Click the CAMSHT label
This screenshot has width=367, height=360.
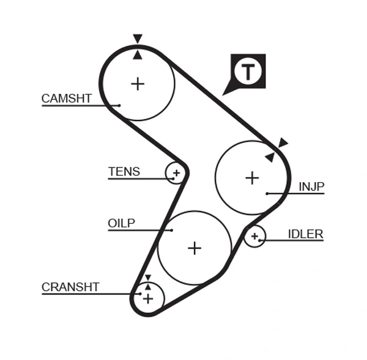66,98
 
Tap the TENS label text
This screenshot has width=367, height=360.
124,172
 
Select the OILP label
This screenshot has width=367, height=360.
121,223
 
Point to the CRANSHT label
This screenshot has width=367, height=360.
70,287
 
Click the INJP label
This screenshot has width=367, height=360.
311,186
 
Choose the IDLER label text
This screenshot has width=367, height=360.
306,234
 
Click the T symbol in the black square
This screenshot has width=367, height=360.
248,72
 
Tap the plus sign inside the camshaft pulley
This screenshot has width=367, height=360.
138,84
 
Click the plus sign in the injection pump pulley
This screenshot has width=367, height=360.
252,178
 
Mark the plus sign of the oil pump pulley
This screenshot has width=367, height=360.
195,248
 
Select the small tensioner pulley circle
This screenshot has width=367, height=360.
176,173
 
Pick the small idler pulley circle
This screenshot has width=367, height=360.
254,236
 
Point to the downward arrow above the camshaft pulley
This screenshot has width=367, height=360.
138,39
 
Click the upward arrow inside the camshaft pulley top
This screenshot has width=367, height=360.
138,55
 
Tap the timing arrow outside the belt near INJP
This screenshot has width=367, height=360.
283,143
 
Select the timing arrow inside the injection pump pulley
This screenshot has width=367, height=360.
269,157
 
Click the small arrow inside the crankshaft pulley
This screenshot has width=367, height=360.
147,286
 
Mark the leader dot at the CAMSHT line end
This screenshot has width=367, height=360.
119,105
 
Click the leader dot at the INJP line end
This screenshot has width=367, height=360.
267,193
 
